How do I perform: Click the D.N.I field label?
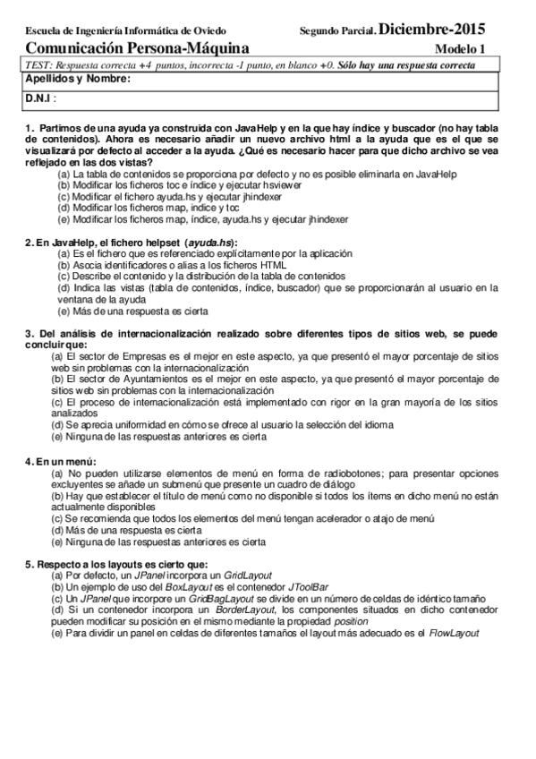[41, 97]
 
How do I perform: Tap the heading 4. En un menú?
[55, 460]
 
